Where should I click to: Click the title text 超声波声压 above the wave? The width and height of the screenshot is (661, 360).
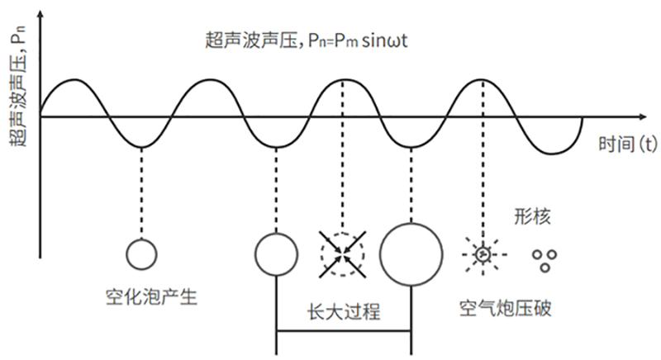245,39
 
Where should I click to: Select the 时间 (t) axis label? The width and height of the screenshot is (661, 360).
627,144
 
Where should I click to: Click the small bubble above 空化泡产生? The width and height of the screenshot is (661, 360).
141,253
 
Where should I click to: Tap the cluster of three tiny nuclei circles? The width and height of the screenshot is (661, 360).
543,260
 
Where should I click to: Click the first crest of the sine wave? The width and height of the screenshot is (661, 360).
73,81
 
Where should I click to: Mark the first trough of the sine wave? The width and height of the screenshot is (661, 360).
141,148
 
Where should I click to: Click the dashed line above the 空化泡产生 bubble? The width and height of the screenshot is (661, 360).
141,190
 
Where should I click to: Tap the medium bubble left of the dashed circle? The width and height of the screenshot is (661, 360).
274,253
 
